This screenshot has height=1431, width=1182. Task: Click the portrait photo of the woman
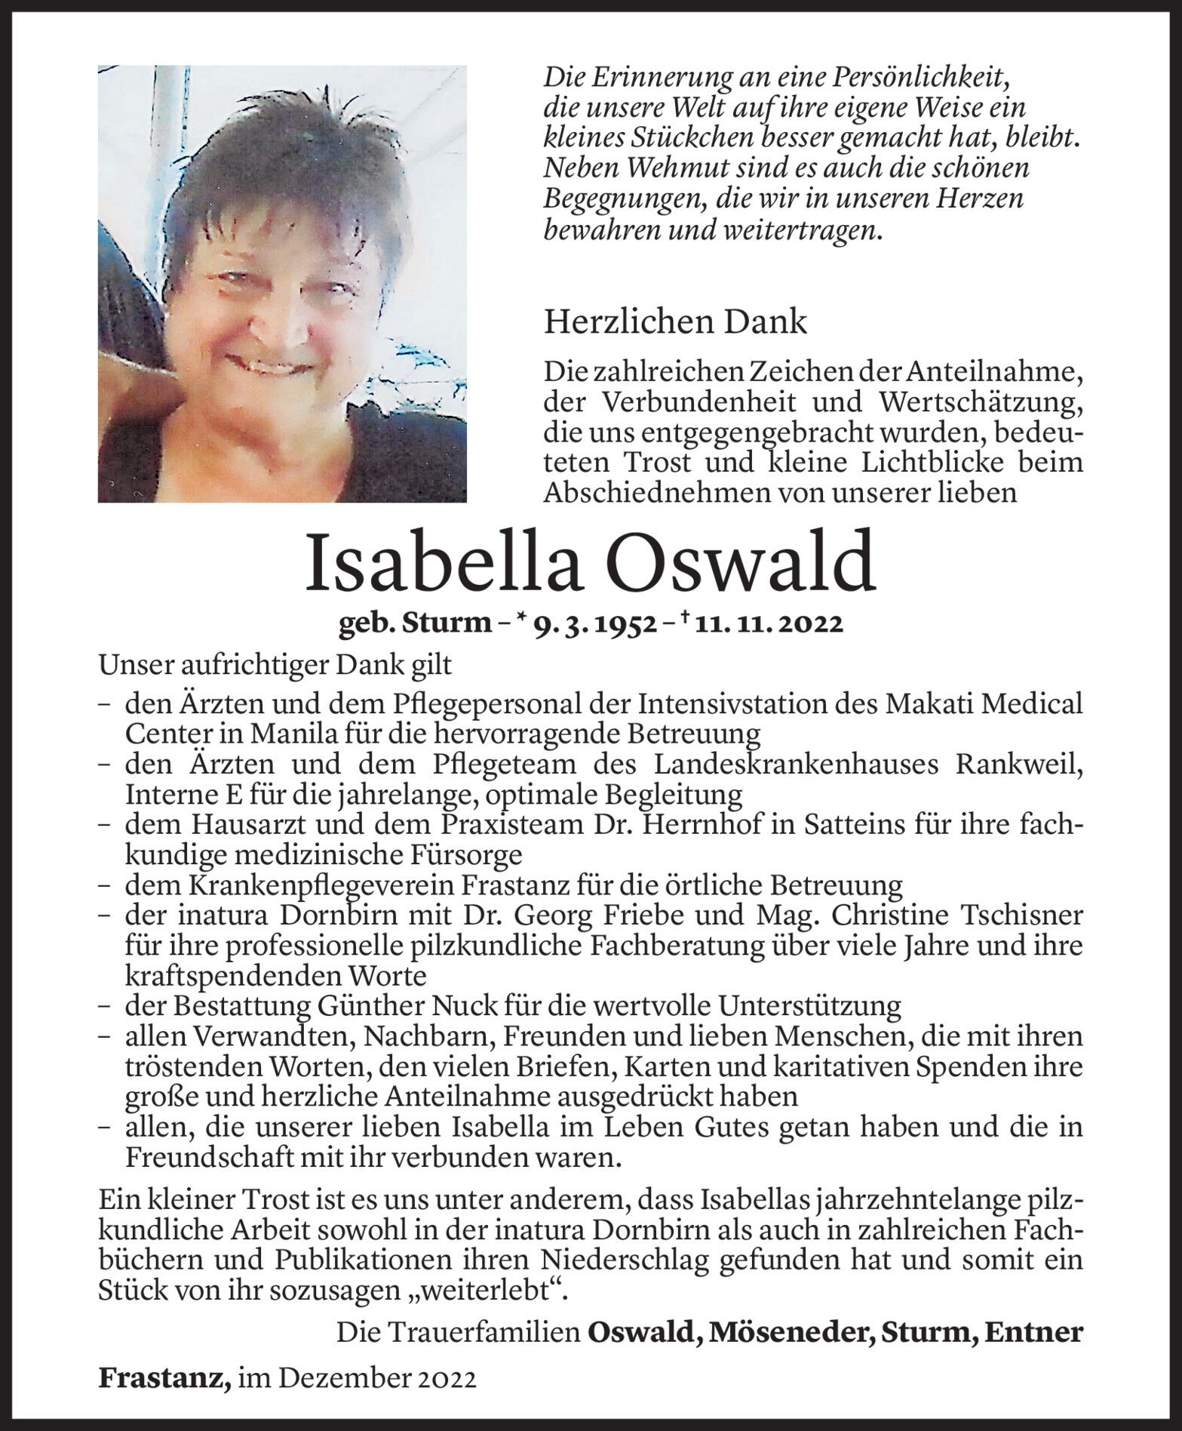tap(282, 284)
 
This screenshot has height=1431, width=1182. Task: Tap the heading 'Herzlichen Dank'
tap(675, 322)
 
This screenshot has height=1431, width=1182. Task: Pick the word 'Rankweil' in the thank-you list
tap(1019, 764)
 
